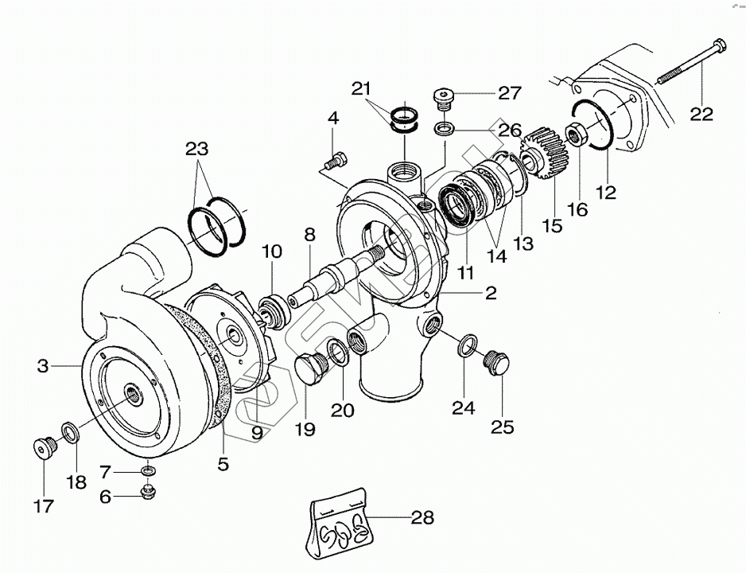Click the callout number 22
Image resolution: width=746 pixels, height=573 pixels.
pyautogui.click(x=702, y=113)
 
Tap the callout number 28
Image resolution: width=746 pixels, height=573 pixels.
pyautogui.click(x=422, y=519)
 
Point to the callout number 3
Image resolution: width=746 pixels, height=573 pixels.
pyautogui.click(x=43, y=366)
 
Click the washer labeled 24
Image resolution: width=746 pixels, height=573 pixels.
pyautogui.click(x=468, y=346)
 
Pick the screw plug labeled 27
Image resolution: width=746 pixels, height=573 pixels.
pyautogui.click(x=443, y=98)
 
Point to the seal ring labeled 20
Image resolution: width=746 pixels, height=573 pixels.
pyautogui.click(x=336, y=352)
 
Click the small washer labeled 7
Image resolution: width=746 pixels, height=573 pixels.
pyautogui.click(x=148, y=472)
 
